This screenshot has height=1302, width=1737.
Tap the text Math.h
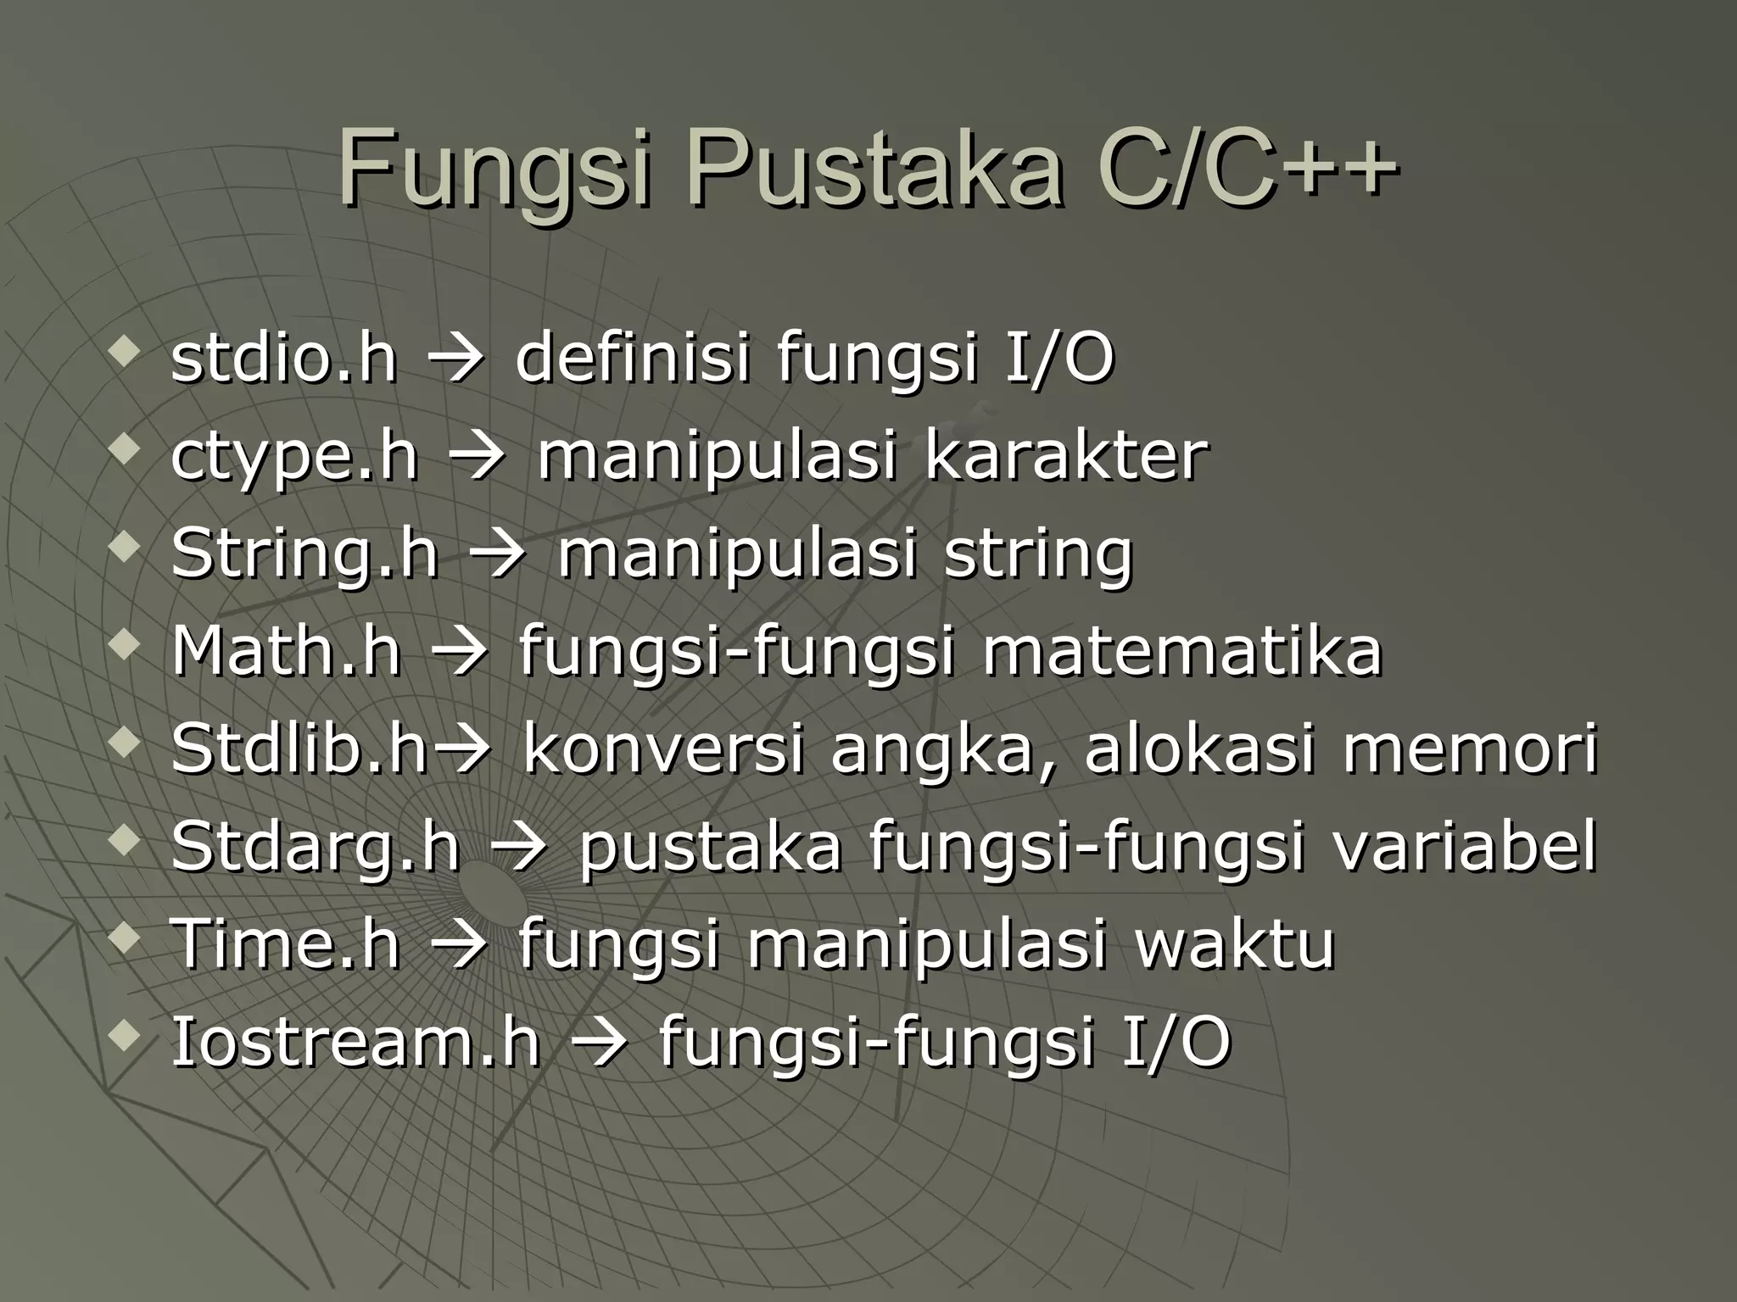coord(286,651)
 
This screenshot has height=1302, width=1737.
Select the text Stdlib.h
coord(299,748)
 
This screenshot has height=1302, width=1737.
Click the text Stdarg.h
coord(316,847)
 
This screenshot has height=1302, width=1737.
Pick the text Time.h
coord(286,944)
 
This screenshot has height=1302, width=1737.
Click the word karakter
coord(1065,456)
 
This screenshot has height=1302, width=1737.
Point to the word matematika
coord(1182,651)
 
